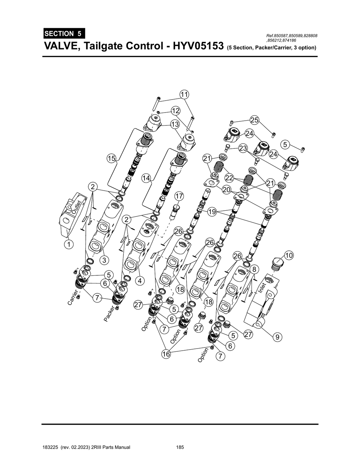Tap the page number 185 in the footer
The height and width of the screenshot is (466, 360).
pyautogui.click(x=180, y=447)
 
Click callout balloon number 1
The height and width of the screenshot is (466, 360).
pyautogui.click(x=69, y=244)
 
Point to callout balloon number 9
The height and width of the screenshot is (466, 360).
pyautogui.click(x=277, y=337)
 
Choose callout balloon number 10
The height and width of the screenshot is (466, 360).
pyautogui.click(x=289, y=255)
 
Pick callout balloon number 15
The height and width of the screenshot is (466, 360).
pyautogui.click(x=111, y=159)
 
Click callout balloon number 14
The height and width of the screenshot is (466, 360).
pyautogui.click(x=146, y=178)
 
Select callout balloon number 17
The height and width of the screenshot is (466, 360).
pyautogui.click(x=179, y=196)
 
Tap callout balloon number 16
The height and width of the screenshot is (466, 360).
pyautogui.click(x=166, y=354)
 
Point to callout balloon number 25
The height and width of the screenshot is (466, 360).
pyautogui.click(x=255, y=120)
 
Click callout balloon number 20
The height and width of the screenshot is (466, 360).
pyautogui.click(x=226, y=190)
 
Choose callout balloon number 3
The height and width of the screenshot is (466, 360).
pyautogui.click(x=104, y=260)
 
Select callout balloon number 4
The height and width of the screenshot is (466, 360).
pyautogui.click(x=140, y=281)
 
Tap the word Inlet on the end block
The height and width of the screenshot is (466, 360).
pyautogui.click(x=262, y=287)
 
